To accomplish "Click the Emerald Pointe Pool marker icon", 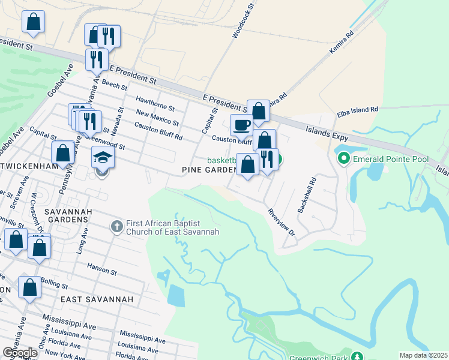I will (x=344, y=159).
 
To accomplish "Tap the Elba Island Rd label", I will (x=358, y=110).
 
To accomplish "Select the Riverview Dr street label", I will (x=282, y=221).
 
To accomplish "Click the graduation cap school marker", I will (x=103, y=158).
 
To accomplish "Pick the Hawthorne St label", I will (x=155, y=104).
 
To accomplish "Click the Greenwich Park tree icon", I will (x=357, y=356).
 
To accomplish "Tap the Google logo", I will (x=19, y=353).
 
